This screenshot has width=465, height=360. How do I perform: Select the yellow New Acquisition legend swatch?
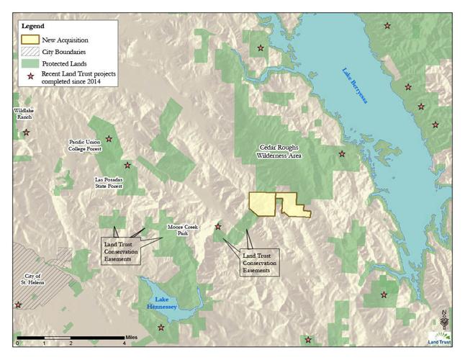coord(30,40)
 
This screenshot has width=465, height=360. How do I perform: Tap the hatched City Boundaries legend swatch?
coord(30,52)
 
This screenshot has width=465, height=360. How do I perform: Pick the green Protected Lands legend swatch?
coord(30,63)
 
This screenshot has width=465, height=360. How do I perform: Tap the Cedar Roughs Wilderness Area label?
coord(279,151)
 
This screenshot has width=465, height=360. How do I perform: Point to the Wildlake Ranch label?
coord(24,113)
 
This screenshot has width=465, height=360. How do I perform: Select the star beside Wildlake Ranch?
coord(27,132)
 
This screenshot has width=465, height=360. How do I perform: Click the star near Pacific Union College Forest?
coord(109,139)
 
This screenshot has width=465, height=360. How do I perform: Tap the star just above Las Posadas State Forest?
coord(127,166)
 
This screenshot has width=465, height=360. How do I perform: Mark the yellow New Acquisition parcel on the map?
coord(263,203)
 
